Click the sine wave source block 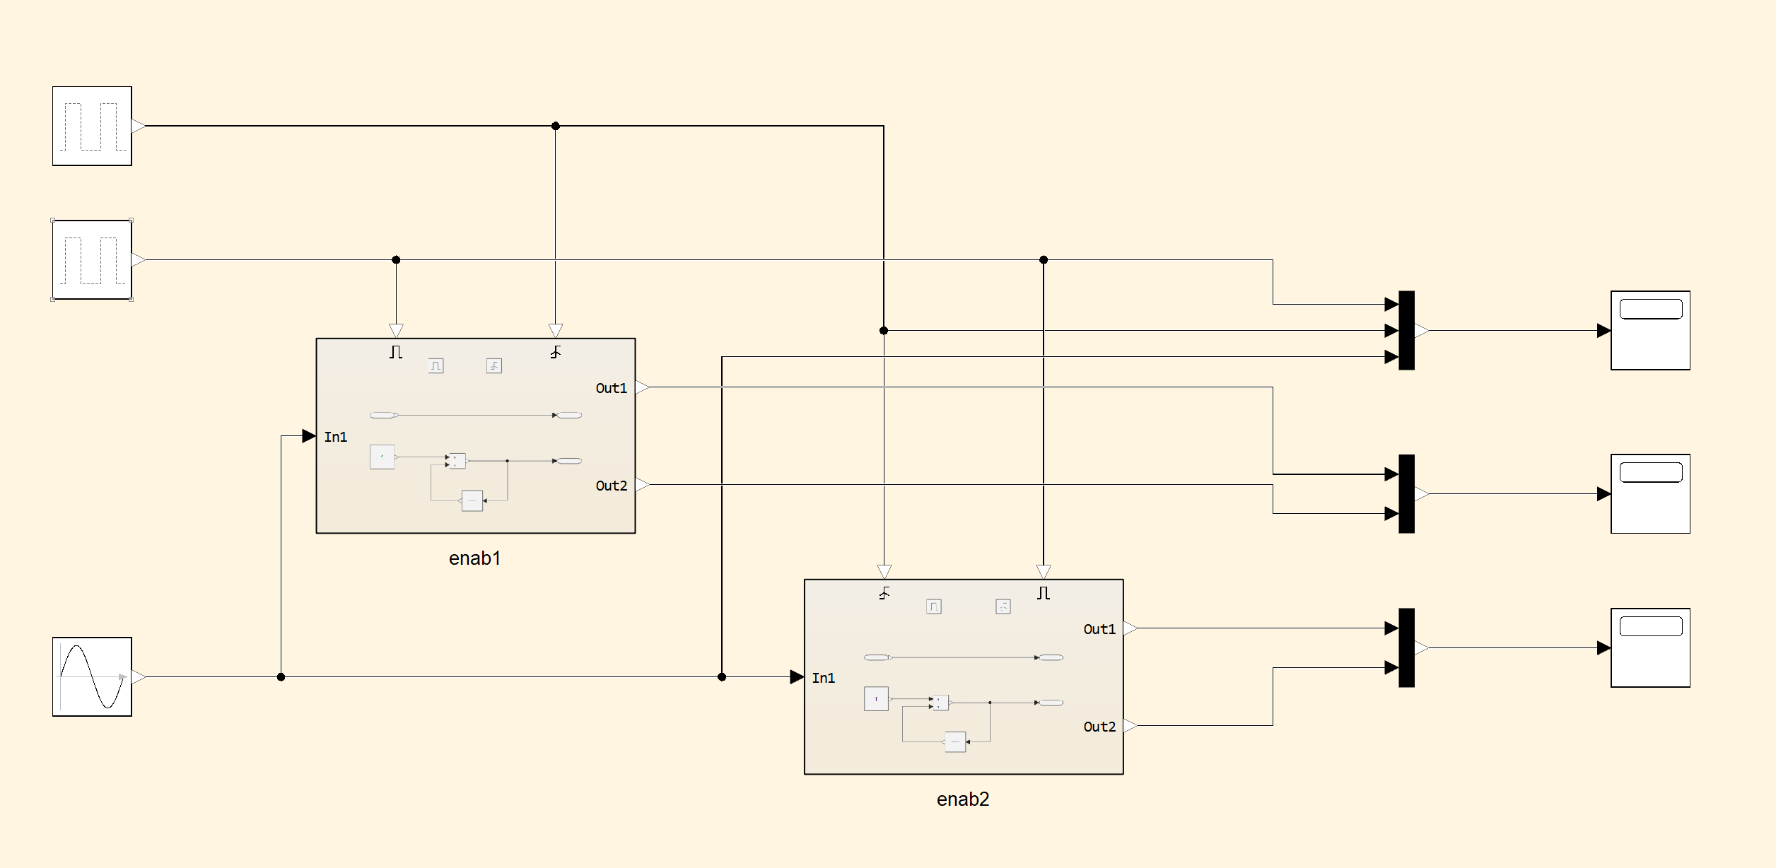point(92,676)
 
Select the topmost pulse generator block point(92,126)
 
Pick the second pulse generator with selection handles point(92,259)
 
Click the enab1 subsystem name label point(474,558)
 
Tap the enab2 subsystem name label point(962,799)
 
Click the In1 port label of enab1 point(336,437)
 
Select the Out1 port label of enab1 point(611,388)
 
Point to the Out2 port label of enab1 point(611,486)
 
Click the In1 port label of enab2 point(824,678)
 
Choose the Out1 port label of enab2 point(1099,629)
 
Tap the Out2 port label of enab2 point(1099,727)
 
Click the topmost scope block point(1650,330)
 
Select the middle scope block point(1650,493)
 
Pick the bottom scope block point(1650,647)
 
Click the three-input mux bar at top point(1406,330)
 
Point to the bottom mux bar point(1406,647)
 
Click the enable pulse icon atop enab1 point(396,351)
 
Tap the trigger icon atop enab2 point(884,593)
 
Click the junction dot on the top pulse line point(556,126)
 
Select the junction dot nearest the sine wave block point(281,677)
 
